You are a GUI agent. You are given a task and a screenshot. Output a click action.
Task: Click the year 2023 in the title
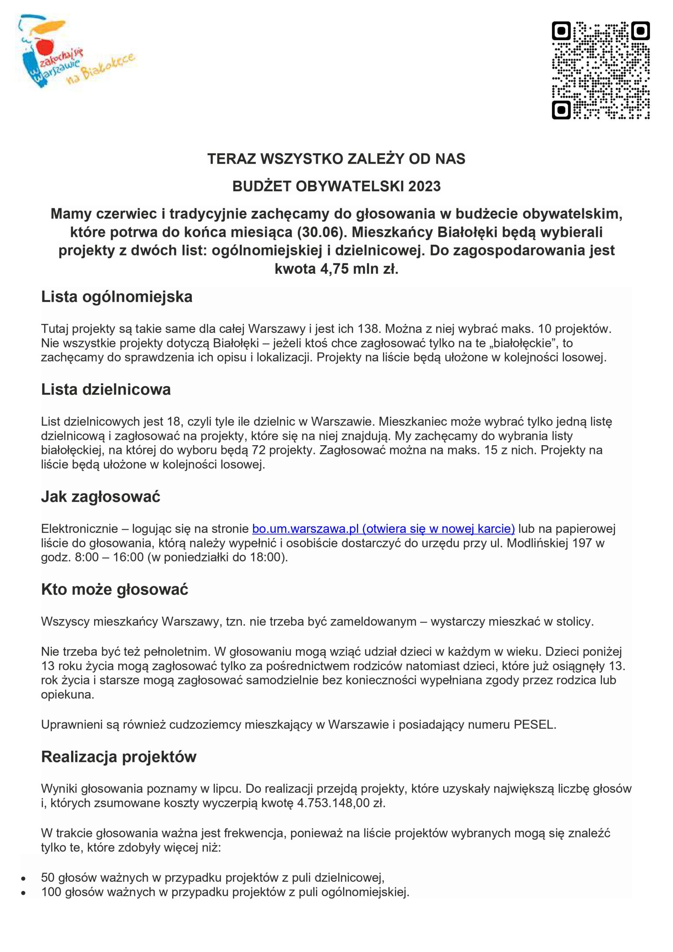424,186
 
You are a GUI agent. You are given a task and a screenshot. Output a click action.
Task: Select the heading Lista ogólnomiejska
116,297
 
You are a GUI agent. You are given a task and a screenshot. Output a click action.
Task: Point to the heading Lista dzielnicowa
106,389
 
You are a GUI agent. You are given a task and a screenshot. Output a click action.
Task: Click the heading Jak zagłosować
100,496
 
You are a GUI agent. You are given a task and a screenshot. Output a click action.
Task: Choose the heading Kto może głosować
115,589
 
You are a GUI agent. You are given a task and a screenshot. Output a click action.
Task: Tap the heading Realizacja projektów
119,757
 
